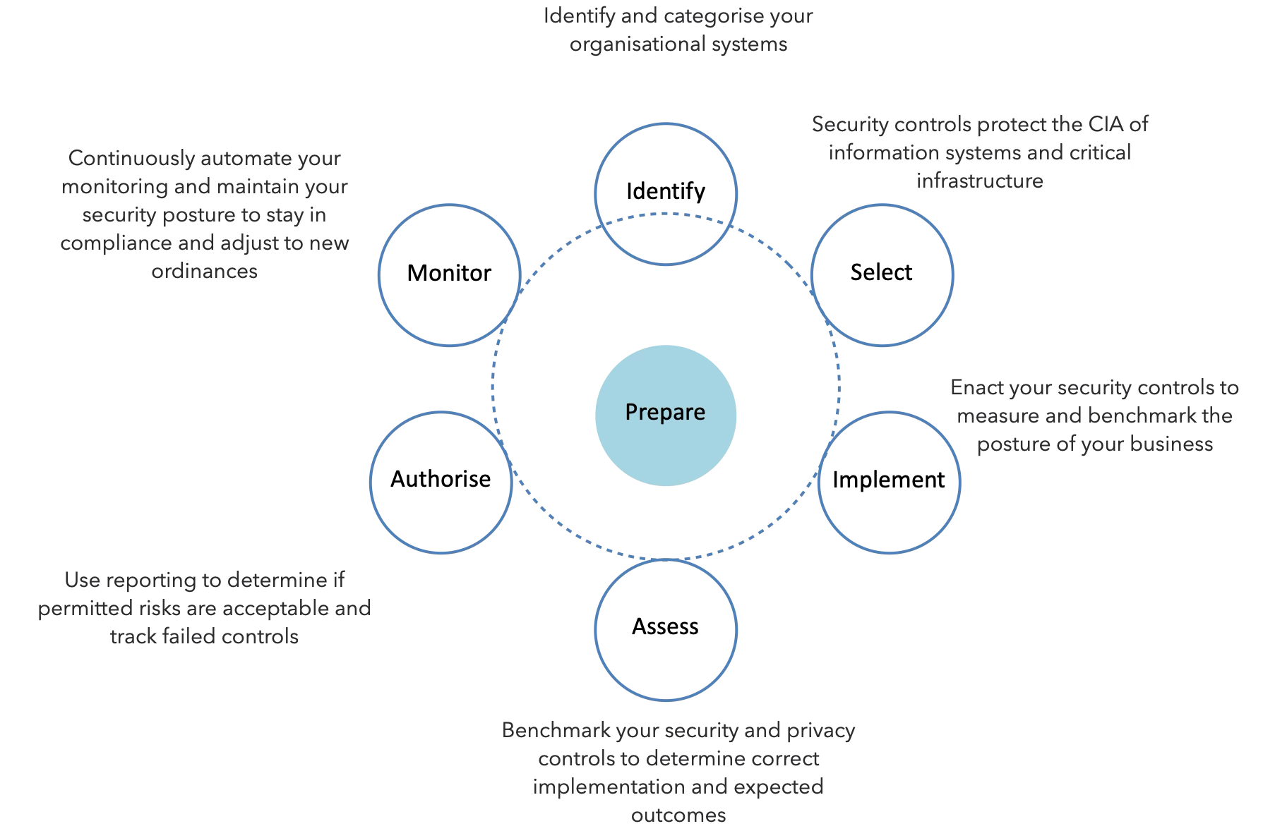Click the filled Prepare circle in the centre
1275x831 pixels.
(x=666, y=415)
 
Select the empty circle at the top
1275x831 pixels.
(x=666, y=194)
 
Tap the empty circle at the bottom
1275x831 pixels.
(x=666, y=630)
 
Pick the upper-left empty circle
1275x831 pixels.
(x=449, y=274)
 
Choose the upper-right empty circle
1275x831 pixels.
(x=882, y=274)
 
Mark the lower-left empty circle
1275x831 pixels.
(x=441, y=483)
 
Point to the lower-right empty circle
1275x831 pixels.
(x=889, y=483)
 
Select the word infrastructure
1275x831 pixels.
(x=979, y=181)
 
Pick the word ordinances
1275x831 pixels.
(x=204, y=271)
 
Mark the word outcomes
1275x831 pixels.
(x=678, y=815)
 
